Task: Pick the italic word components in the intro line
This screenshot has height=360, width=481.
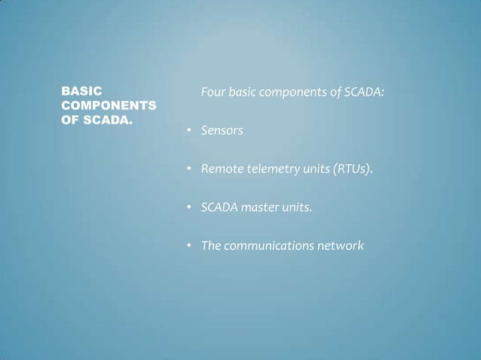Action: [291, 93]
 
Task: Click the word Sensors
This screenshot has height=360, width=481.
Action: [222, 131]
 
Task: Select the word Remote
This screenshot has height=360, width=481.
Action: [221, 169]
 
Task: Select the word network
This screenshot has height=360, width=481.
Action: [343, 246]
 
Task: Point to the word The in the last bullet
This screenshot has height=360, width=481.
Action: [210, 246]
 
